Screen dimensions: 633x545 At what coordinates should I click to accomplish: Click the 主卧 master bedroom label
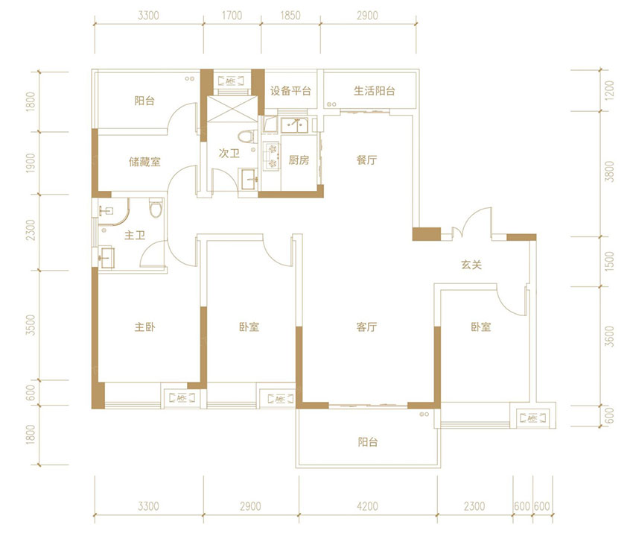point(144,327)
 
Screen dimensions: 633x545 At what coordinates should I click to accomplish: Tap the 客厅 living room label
point(366,327)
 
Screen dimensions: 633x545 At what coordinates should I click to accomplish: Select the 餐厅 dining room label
point(366,160)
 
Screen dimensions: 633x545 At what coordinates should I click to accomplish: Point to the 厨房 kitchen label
point(299,160)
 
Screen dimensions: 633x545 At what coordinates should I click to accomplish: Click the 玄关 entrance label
point(471,265)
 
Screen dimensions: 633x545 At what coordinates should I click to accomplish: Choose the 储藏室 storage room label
point(144,162)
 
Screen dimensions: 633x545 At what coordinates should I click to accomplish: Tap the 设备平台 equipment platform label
point(290,91)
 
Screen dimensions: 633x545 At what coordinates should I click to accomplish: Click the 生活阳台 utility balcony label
point(375,91)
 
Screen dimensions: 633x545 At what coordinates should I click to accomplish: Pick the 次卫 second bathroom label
point(229,154)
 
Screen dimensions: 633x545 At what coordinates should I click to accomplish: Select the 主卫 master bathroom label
point(135,235)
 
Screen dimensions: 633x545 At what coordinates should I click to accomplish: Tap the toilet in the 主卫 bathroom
point(156,208)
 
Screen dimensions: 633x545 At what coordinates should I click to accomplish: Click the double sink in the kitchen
point(295,125)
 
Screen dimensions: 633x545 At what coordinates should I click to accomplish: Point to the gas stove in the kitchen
point(271,156)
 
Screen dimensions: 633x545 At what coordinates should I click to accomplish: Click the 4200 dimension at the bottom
point(367,506)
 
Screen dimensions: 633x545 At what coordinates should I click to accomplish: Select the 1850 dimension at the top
point(290,16)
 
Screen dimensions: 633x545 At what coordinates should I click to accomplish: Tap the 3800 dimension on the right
point(610,171)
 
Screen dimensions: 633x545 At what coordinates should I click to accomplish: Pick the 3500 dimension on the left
point(31,325)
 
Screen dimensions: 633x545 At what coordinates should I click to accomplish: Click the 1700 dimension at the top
point(232,16)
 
